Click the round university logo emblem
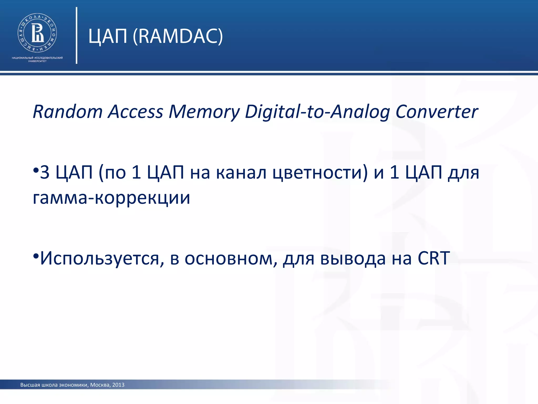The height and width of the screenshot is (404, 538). (x=37, y=33)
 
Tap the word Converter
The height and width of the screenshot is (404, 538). (x=437, y=112)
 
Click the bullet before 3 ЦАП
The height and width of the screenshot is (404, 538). (x=36, y=170)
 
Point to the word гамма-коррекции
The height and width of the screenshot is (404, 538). (x=111, y=198)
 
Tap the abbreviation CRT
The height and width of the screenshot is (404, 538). (x=434, y=258)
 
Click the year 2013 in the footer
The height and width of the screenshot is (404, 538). (x=118, y=385)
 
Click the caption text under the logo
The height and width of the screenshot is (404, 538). (x=37, y=59)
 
